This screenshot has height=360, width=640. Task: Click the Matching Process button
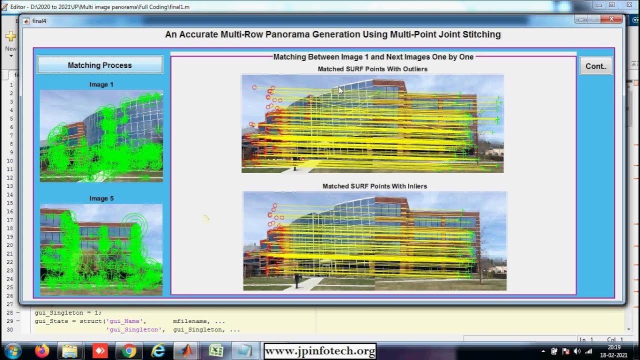(x=99, y=65)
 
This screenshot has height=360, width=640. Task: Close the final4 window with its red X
(x=611, y=19)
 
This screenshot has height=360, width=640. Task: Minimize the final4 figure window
(x=580, y=19)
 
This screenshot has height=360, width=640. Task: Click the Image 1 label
(x=101, y=84)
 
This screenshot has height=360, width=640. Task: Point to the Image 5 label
(x=101, y=198)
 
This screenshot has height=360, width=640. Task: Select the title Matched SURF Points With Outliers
(x=372, y=69)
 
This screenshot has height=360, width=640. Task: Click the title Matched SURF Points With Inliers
(x=374, y=186)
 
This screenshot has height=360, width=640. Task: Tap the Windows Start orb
(x=12, y=350)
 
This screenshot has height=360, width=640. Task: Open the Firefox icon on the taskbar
(x=42, y=350)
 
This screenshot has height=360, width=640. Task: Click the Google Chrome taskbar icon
(x=129, y=350)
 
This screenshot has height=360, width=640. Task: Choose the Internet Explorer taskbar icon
(x=158, y=350)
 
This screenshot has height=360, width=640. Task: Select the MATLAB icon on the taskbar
(x=187, y=350)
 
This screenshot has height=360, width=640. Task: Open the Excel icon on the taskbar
(x=216, y=350)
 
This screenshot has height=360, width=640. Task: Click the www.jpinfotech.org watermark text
(x=320, y=351)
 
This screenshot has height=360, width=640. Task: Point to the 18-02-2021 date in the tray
(x=614, y=354)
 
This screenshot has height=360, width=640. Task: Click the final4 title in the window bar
(x=39, y=21)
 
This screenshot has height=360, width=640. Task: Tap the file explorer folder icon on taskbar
(x=71, y=350)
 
